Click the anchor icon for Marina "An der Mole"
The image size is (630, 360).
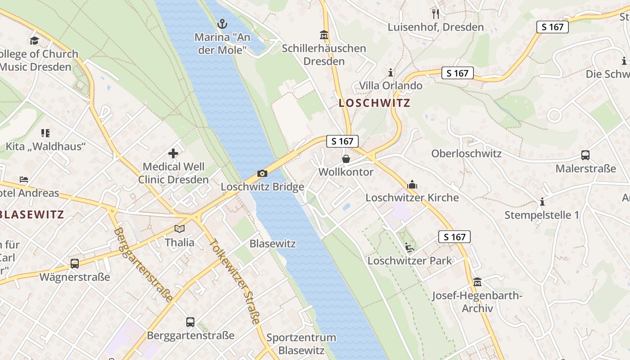pos(222,23)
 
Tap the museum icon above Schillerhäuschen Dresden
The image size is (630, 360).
pos(324,35)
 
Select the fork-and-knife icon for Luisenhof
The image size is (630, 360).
pos(435,14)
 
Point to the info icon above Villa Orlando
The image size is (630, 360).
pos(390,72)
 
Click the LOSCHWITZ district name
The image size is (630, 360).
pos(374,103)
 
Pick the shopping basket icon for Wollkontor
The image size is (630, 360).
pos(346,159)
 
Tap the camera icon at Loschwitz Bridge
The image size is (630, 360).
pos(262,173)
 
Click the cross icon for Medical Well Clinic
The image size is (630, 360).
pos(173,153)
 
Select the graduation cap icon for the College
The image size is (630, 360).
pos(35,41)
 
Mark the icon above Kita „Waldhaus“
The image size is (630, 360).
pos(45,133)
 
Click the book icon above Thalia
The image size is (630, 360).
pos(180,229)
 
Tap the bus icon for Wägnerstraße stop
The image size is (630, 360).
pos(75,263)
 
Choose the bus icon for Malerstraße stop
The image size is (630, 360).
pos(585,155)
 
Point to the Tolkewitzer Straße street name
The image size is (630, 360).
pos(234,281)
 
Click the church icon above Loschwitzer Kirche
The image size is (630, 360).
pos(412,184)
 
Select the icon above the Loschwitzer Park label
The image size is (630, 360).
pos(409,247)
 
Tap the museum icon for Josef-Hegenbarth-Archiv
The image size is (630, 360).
pos(477,282)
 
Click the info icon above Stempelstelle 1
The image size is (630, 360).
pos(542,202)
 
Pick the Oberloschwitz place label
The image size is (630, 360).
pos(466,153)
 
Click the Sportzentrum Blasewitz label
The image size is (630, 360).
pos(301,344)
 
